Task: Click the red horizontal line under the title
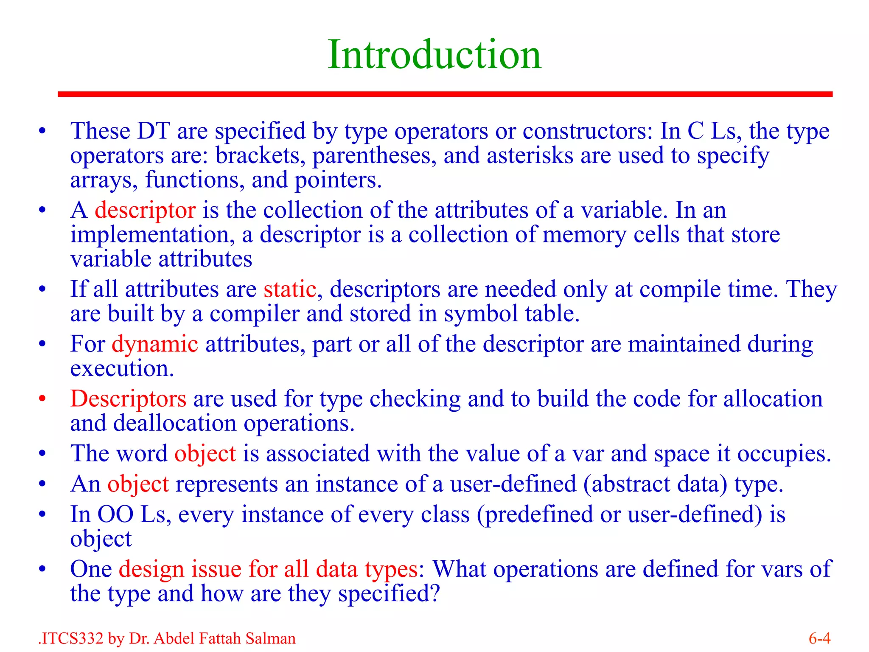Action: [x=445, y=94]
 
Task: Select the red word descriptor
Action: [x=145, y=210]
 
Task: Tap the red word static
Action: [x=290, y=289]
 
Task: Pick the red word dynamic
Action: [x=155, y=344]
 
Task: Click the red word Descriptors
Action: [x=128, y=399]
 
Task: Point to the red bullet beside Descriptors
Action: [x=42, y=399]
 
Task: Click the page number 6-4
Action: [x=819, y=638]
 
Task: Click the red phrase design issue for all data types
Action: [x=268, y=569]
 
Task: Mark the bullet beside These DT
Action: [x=42, y=131]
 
